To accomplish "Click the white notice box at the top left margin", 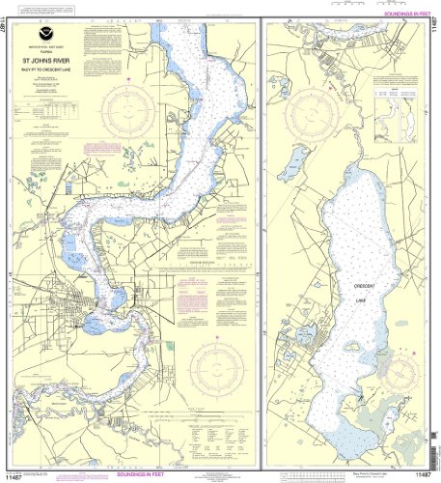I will (48, 8).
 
